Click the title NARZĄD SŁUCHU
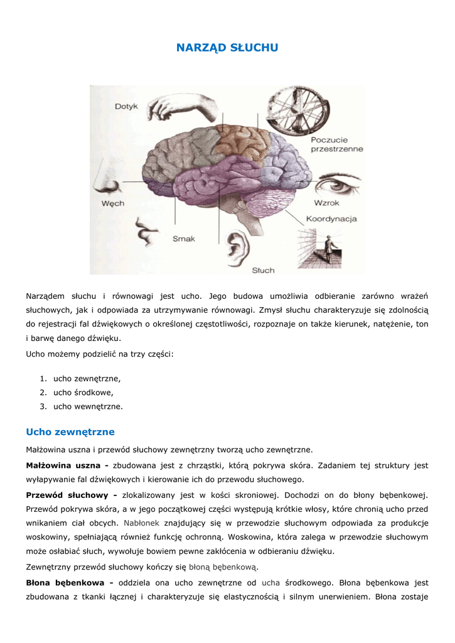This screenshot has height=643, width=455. coord(227,48)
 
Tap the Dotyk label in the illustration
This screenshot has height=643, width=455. coord(126,107)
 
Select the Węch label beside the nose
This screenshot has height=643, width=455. coord(113,203)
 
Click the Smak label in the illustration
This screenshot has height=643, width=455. coord(184,239)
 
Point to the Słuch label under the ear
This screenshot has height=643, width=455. coord(263,270)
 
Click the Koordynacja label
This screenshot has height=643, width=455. coord(331,219)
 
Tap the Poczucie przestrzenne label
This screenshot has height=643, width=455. coord(336,144)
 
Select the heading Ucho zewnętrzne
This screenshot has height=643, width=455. coord(70,432)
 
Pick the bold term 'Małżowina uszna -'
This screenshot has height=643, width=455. coord(67,465)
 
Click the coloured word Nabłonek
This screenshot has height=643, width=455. coord(142,522)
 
